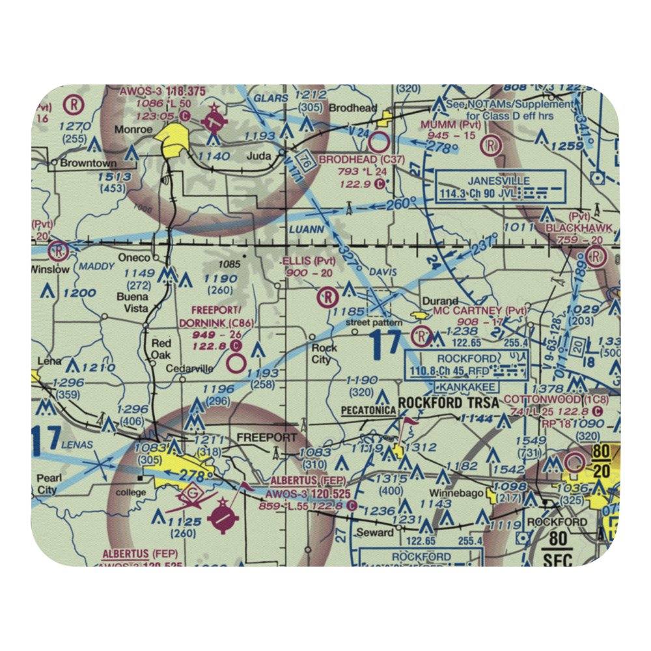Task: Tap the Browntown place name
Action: pyautogui.click(x=88, y=163)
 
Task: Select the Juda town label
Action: pyautogui.click(x=258, y=156)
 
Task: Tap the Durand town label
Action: pyautogui.click(x=440, y=301)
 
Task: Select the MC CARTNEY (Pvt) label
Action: pyautogui.click(x=480, y=311)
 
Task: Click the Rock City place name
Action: pyautogui.click(x=324, y=353)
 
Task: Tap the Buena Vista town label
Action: pyautogui.click(x=132, y=303)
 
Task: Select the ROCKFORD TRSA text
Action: pyautogui.click(x=449, y=404)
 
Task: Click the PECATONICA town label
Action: pyautogui.click(x=368, y=410)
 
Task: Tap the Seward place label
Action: pyautogui.click(x=376, y=532)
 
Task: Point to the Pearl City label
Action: pyautogui.click(x=49, y=484)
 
